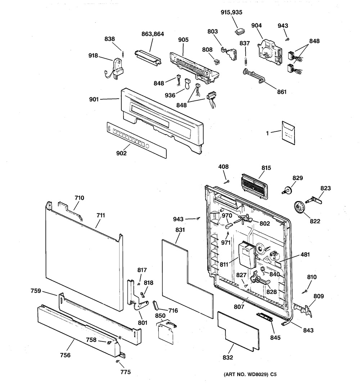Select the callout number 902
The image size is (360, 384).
click(121, 153)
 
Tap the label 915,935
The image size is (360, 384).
click(231, 13)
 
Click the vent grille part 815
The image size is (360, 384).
click(255, 186)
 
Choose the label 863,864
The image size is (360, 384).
click(152, 35)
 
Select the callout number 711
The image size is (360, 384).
click(100, 216)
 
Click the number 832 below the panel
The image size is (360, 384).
click(228, 358)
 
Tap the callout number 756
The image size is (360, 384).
click(65, 355)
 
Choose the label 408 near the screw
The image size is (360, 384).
click(224, 167)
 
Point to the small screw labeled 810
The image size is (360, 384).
click(306, 291)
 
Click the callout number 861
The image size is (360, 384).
click(282, 92)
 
